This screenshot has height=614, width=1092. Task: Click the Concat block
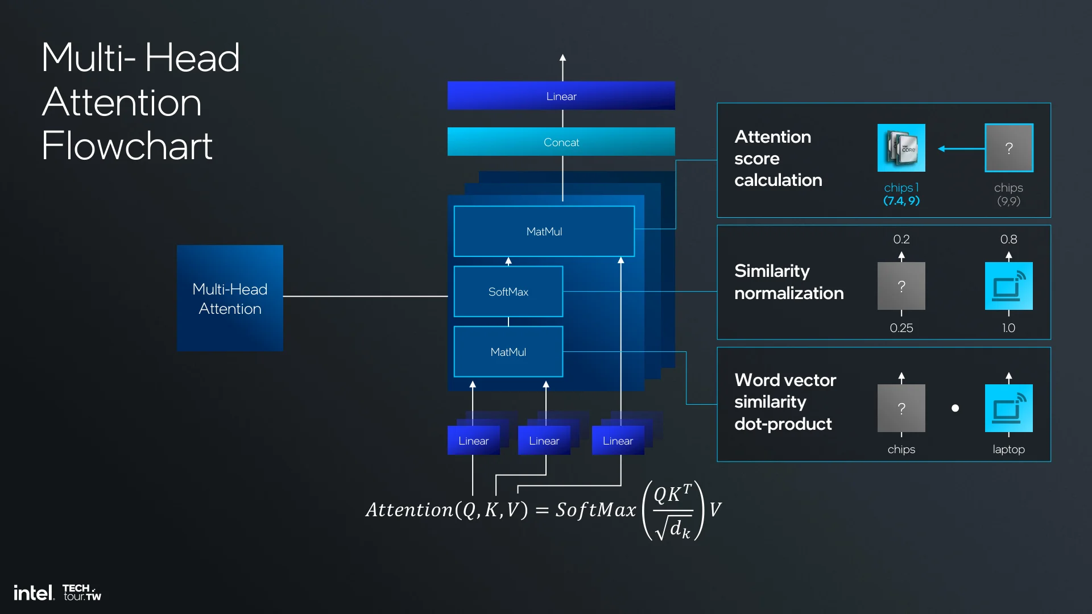click(561, 142)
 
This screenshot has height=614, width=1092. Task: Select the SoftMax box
click(508, 292)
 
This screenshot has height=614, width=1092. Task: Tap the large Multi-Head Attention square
click(230, 298)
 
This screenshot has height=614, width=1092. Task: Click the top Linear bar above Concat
click(561, 96)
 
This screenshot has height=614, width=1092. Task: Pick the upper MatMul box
click(544, 231)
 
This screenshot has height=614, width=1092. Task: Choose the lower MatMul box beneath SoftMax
click(508, 352)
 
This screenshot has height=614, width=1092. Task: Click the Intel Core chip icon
click(901, 148)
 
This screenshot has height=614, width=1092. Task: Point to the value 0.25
click(901, 328)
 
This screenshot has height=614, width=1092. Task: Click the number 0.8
click(1008, 239)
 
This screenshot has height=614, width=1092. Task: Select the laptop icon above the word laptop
click(1008, 408)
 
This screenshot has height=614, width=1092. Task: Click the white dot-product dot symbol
click(955, 408)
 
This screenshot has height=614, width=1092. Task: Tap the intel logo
click(34, 593)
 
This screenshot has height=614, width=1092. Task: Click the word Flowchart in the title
click(127, 146)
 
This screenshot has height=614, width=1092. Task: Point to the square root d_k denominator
click(673, 528)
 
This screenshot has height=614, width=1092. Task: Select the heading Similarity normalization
click(788, 282)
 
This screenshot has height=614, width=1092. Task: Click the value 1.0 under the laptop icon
click(1008, 328)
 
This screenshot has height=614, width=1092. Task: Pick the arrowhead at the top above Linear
click(562, 58)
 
